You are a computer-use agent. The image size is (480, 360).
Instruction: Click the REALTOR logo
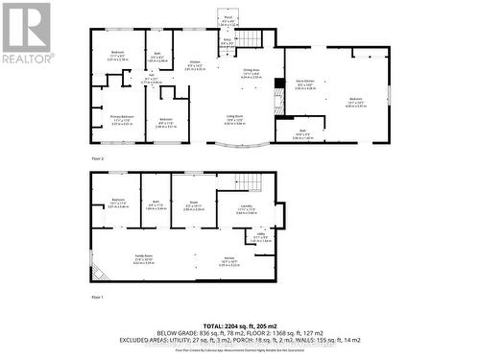(26, 35)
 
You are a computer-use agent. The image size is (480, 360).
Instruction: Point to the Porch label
(228, 19)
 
